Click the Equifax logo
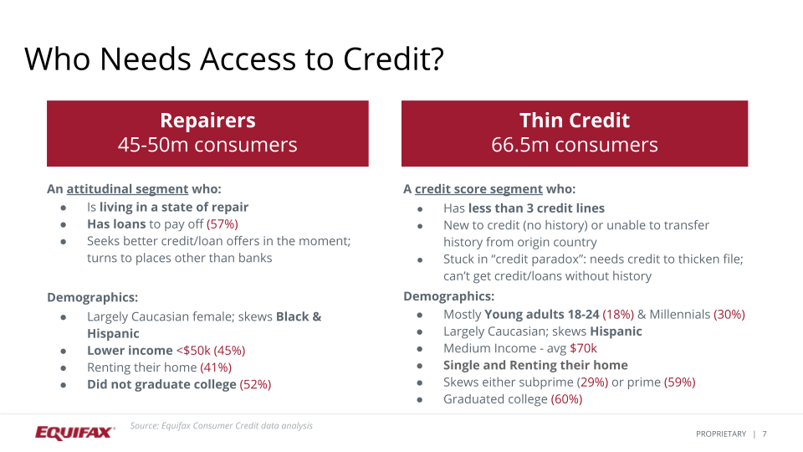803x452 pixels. [x=74, y=432]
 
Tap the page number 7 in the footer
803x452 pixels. [x=765, y=434]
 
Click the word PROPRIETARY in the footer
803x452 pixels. [x=720, y=434]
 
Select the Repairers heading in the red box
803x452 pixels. [x=207, y=121]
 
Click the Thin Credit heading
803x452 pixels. [x=574, y=121]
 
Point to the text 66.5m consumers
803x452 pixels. [x=574, y=145]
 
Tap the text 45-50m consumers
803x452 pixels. [x=207, y=145]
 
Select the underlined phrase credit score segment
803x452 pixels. [x=478, y=189]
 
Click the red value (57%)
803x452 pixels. [x=222, y=224]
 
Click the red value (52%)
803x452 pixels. [x=255, y=384]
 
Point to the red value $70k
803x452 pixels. [x=583, y=348]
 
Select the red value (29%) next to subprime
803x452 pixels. [x=592, y=382]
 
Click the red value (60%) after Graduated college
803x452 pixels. [x=566, y=399]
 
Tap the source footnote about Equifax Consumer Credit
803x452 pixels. [x=222, y=426]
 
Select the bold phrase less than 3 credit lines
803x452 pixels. [x=536, y=208]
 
